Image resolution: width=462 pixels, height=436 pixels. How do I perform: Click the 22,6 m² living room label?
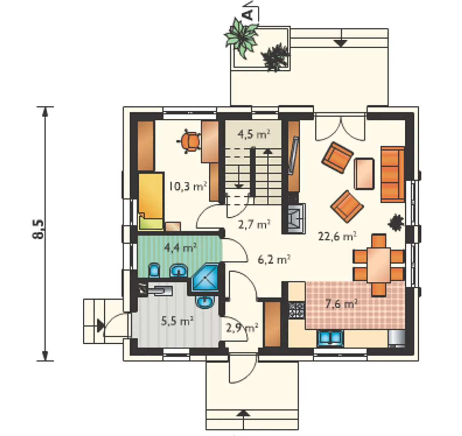tap(337, 237)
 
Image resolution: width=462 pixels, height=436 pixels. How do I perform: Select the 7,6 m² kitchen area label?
tap(341, 304)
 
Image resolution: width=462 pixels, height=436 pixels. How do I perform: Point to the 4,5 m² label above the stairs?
tap(254, 135)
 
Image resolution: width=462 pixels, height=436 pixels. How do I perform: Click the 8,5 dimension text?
tap(38, 229)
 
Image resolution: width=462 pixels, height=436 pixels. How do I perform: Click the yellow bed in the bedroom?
tap(151, 201)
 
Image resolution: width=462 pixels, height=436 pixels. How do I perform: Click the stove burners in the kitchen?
tap(296, 310)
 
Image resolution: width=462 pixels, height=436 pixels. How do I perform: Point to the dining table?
tap(379, 265)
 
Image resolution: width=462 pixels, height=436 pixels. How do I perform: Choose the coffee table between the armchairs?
tap(364, 173)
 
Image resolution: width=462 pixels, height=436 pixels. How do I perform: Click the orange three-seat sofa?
tap(393, 174)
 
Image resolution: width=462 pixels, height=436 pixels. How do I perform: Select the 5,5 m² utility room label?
tap(177, 322)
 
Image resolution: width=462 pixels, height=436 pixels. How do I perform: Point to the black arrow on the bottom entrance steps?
tap(244, 413)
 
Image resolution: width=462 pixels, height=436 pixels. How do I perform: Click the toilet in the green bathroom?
tap(153, 270)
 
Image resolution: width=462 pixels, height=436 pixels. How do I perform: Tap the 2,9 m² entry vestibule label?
tap(242, 328)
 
